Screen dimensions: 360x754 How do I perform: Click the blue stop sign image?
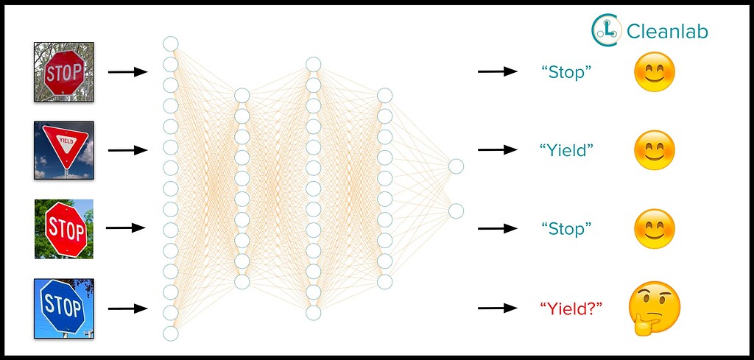click(x=63, y=308)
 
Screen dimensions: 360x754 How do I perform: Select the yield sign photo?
click(x=63, y=150)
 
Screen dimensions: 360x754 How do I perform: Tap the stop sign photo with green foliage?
click(x=64, y=229)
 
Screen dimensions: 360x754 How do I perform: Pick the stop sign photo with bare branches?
click(x=64, y=71)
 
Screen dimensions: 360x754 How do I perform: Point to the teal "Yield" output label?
click(x=566, y=150)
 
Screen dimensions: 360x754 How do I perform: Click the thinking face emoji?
click(x=654, y=308)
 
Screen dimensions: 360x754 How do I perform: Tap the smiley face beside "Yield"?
click(x=655, y=150)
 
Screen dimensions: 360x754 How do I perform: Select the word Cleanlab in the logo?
click(x=667, y=31)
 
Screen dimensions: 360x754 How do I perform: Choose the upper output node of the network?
click(x=457, y=166)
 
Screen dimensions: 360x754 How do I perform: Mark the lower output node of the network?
click(x=457, y=211)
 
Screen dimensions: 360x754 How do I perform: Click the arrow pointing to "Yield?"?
click(x=497, y=308)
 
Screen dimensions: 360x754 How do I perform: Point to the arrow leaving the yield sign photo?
click(x=128, y=150)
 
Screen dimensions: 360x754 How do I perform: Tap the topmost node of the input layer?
click(x=171, y=43)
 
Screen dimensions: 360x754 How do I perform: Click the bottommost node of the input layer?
click(x=171, y=333)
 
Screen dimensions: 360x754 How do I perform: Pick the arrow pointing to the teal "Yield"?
click(x=497, y=150)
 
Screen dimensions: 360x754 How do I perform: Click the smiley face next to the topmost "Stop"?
click(x=655, y=72)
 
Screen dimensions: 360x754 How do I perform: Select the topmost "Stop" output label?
click(x=566, y=72)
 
